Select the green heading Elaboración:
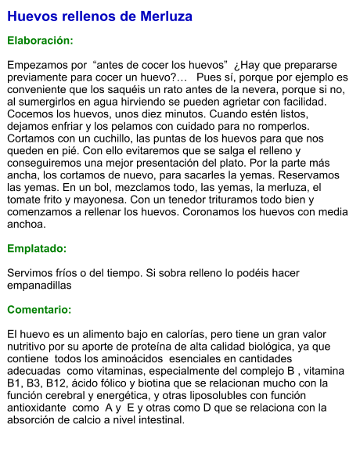click(40, 40)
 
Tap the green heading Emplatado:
click(37, 248)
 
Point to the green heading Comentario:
click(39, 310)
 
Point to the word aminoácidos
click(129, 358)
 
